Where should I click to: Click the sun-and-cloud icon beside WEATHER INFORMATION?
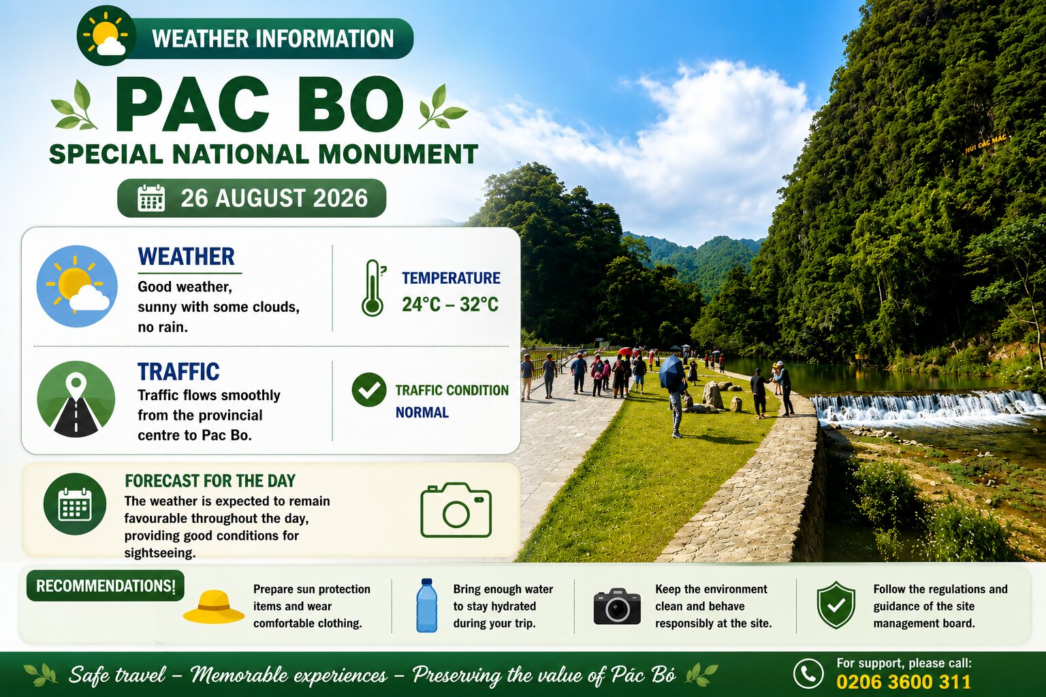[106, 36]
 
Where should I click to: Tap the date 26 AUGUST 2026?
[274, 198]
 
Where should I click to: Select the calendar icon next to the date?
[151, 198]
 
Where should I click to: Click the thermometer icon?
[373, 287]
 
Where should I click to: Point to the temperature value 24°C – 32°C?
[450, 304]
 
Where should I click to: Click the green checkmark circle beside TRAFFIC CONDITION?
[369, 390]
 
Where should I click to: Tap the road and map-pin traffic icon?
[76, 399]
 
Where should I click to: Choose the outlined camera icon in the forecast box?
[456, 510]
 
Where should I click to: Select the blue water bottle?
[427, 606]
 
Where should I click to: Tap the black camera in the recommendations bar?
[617, 606]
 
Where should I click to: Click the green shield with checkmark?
[836, 605]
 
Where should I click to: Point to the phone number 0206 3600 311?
[904, 682]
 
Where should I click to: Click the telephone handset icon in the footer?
[808, 674]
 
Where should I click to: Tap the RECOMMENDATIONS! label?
[106, 585]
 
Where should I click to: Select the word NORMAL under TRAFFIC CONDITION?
[422, 412]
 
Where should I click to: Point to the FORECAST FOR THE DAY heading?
[210, 481]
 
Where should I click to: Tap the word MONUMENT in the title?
[398, 154]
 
